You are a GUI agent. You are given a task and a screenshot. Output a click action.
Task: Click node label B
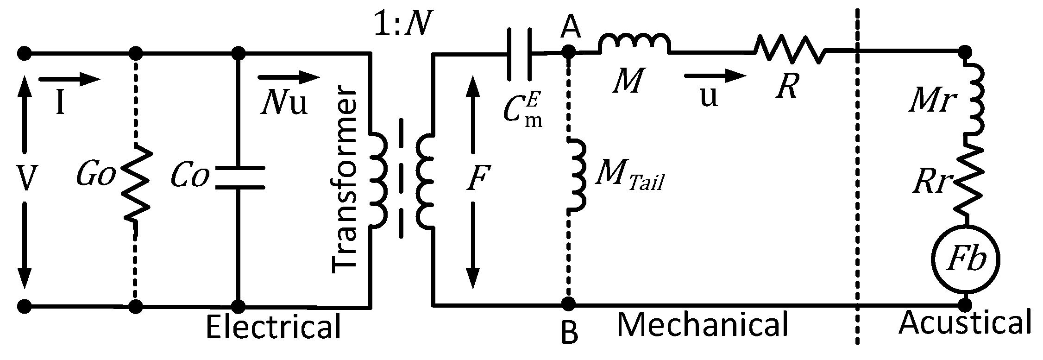[569, 333]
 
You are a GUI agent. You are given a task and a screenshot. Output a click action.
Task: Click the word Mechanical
[703, 325]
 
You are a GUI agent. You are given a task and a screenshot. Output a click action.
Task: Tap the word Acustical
[965, 323]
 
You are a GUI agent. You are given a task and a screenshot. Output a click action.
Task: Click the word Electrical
[273, 327]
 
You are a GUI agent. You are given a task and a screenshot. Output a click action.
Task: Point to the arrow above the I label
[69, 79]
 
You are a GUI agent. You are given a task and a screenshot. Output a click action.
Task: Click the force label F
[476, 178]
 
